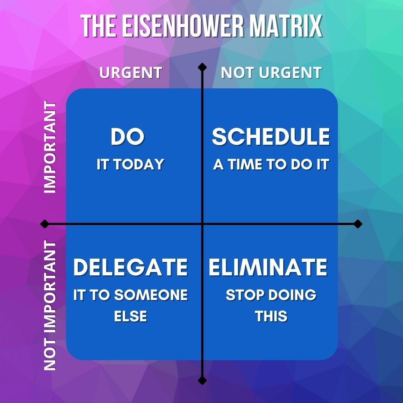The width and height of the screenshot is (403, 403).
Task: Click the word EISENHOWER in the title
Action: [x=183, y=26]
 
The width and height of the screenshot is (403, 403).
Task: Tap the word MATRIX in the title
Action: [x=286, y=26]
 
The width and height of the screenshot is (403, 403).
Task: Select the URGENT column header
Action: [x=131, y=72]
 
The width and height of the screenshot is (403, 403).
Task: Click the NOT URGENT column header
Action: [x=271, y=72]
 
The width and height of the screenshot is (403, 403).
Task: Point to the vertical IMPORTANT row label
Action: [x=50, y=147]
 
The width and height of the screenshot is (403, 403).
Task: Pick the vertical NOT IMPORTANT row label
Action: [x=50, y=305]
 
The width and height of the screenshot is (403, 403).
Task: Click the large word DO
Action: [x=128, y=137]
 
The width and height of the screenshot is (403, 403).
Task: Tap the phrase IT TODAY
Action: [x=130, y=164]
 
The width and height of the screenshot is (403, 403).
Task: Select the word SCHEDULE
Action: [x=271, y=137]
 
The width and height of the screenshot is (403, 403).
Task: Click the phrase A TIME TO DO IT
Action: [x=271, y=164]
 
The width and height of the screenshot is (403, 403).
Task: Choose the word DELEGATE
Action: [x=131, y=267]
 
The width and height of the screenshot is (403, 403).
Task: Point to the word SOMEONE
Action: [x=151, y=294]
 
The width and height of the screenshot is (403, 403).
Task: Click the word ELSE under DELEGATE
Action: [x=131, y=316]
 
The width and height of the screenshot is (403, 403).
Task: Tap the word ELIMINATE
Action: [x=268, y=267]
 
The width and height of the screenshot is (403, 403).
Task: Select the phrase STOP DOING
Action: [x=271, y=294]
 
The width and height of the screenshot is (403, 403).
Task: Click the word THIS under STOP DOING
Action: [x=271, y=316]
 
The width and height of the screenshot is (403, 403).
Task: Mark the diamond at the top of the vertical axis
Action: [x=202, y=67]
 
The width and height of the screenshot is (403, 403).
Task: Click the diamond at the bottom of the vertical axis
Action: [x=202, y=380]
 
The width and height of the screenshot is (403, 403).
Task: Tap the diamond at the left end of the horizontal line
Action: [x=45, y=224]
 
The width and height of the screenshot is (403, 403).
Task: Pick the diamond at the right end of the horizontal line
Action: [x=358, y=224]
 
